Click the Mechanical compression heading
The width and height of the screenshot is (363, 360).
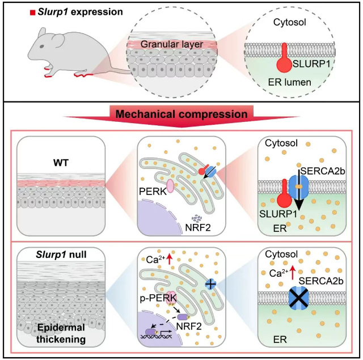point(181,113)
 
